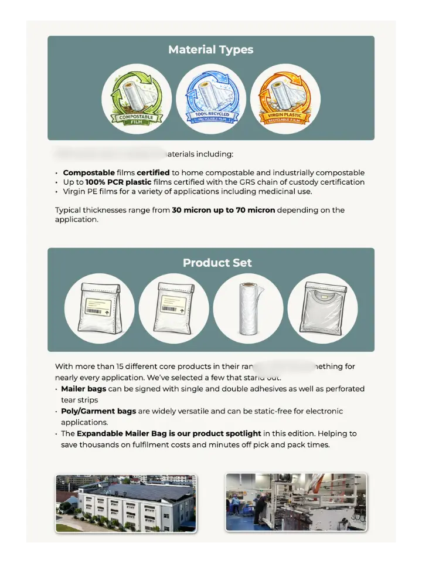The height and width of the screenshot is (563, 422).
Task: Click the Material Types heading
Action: pos(211,50)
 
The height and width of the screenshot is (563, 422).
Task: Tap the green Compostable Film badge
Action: pos(137,99)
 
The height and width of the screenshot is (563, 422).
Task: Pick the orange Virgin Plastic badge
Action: pos(285,99)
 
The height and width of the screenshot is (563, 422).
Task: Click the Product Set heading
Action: pos(217,263)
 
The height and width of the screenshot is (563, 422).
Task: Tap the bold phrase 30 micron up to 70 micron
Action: pos(223,210)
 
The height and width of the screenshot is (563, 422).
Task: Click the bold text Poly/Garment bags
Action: pos(96,411)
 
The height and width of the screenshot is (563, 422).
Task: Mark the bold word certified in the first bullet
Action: pos(154,172)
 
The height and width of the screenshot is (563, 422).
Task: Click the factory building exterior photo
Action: pos(126,503)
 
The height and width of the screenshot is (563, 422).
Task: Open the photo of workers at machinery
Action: pos(296,503)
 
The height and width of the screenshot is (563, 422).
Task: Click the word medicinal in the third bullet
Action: pos(274,191)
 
